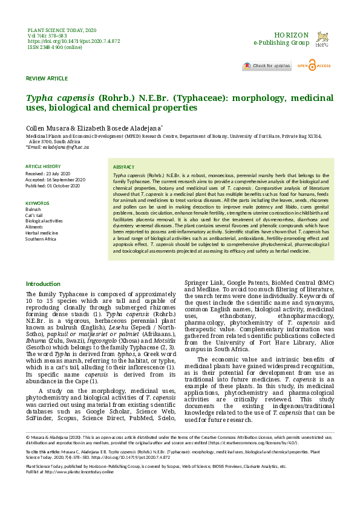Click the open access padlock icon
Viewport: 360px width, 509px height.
(x=312, y=65)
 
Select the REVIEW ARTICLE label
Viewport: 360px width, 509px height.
(x=47, y=79)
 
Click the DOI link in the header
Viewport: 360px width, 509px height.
(x=74, y=41)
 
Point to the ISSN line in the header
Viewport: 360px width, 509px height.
(x=55, y=47)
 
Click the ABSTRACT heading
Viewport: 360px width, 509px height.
(x=124, y=167)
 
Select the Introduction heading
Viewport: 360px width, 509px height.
(x=43, y=284)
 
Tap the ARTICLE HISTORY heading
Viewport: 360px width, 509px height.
(x=43, y=166)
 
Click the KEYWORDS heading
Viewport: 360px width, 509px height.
(x=37, y=203)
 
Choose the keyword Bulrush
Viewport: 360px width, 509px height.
(x=33, y=209)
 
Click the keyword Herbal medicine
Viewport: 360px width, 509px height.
(x=42, y=233)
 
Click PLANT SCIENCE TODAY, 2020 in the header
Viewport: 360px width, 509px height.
(x=62, y=30)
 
